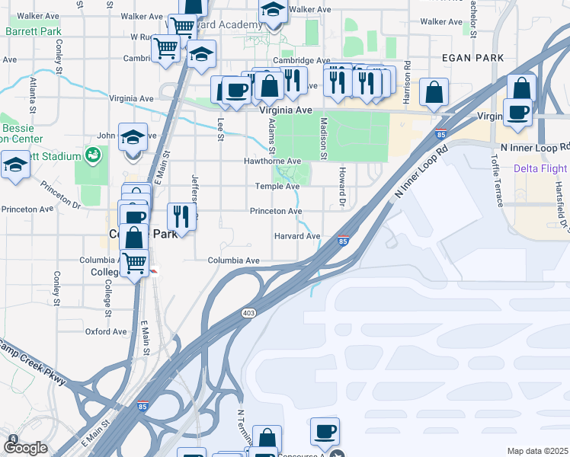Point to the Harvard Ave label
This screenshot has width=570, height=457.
297,236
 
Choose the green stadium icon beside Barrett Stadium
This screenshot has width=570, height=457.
93,156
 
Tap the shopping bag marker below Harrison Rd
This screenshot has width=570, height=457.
434,93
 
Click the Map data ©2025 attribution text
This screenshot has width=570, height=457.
536,451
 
